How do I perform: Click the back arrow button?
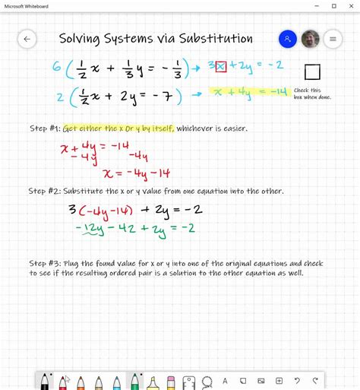[27, 39]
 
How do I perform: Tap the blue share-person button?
[287, 39]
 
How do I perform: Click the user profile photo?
[310, 39]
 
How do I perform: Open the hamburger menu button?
[333, 39]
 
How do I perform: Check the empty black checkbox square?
[312, 72]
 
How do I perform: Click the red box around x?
[221, 67]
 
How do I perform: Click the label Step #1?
[45, 128]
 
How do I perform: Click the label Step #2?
[45, 190]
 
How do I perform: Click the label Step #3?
[45, 263]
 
